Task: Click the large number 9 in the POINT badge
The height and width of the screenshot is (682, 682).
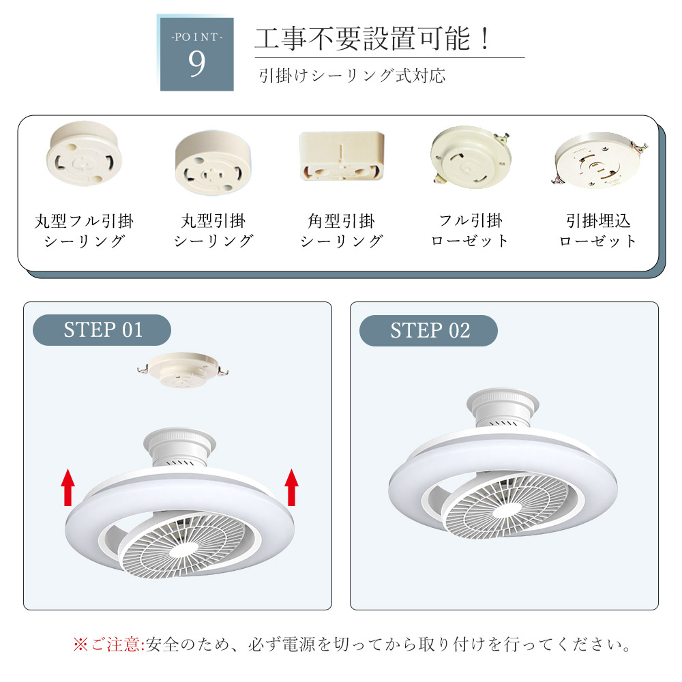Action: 196,63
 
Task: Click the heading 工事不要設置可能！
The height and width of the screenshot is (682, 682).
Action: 373,39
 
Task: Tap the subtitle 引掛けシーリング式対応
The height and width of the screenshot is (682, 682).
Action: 353,76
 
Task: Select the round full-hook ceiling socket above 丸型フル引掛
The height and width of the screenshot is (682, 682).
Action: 84,153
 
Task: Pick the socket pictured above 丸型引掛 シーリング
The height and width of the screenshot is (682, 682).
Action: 213,163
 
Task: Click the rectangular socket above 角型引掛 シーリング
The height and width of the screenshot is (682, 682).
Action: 342,155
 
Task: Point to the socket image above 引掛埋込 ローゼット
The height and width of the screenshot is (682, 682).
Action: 600,160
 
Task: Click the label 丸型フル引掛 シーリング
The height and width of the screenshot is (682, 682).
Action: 84,231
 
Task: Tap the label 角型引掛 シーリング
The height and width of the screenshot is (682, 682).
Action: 342,231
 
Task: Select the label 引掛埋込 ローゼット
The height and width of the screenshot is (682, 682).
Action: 599,231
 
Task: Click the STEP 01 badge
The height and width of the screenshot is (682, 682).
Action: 102,330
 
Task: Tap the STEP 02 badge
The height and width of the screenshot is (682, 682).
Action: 428,331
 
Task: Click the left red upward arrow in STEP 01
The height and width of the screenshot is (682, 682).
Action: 68,487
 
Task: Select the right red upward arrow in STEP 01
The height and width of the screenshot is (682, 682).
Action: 291,487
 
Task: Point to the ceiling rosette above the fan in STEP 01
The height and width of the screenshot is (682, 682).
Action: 183,370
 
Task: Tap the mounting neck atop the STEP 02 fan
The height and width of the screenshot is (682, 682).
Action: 503,408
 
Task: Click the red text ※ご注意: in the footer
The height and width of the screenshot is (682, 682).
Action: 108,644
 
